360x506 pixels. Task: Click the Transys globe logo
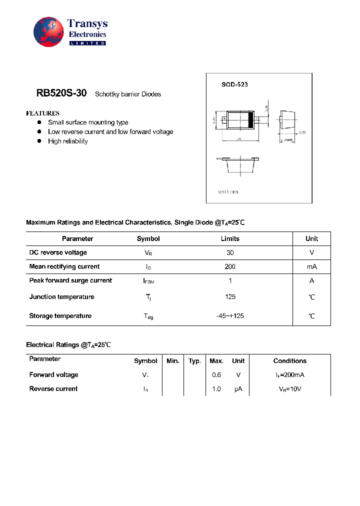(x=49, y=32)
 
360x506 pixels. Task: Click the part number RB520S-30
(x=61, y=93)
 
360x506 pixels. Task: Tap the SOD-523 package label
(x=234, y=84)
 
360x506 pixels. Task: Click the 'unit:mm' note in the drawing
(x=228, y=192)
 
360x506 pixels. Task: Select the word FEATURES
(x=43, y=113)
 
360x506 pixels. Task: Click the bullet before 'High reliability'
(x=39, y=141)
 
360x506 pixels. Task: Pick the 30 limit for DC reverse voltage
(x=230, y=253)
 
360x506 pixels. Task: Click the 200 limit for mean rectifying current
(x=230, y=267)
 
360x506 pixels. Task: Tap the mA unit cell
(x=311, y=267)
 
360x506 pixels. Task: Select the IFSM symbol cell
(x=148, y=281)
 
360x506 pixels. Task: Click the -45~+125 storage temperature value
(x=230, y=316)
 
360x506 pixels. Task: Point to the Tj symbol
(x=148, y=297)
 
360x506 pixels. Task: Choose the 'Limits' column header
(x=230, y=239)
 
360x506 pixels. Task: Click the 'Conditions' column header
(x=289, y=361)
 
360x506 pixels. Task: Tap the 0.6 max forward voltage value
(x=216, y=375)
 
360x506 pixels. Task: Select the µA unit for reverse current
(x=238, y=389)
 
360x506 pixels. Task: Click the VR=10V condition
(x=289, y=389)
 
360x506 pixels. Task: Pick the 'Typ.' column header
(x=194, y=361)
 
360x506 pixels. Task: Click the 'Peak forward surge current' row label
(x=70, y=280)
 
